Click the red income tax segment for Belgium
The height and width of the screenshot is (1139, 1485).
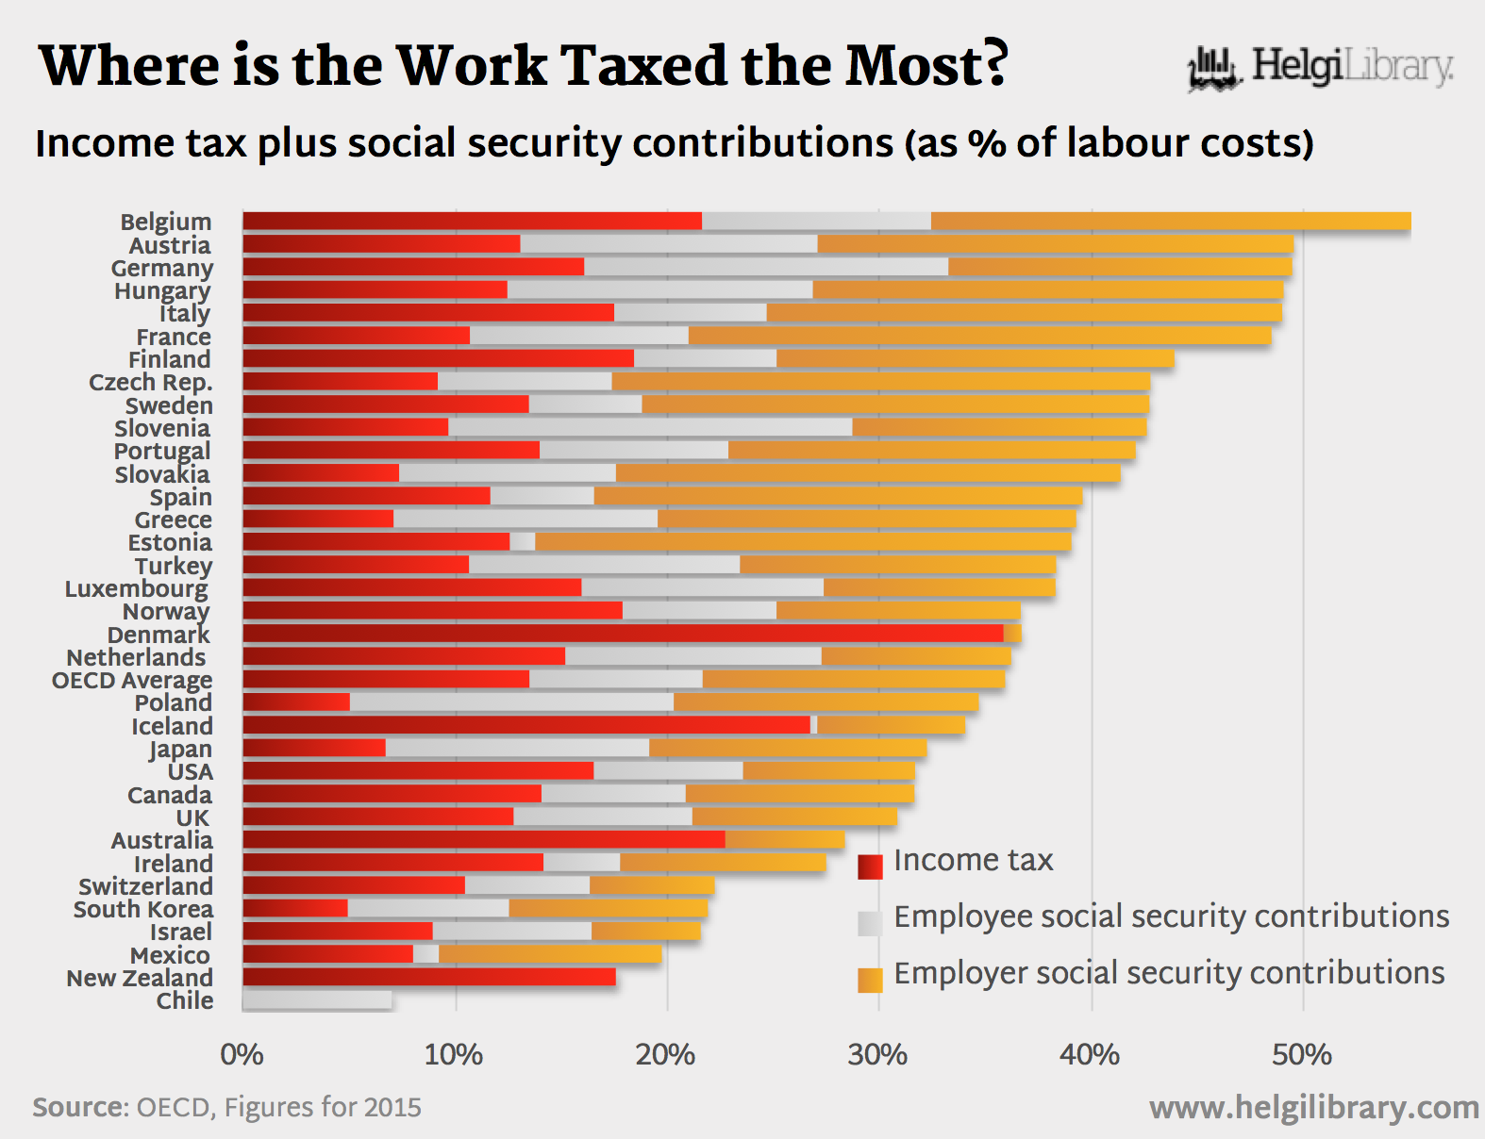point(472,222)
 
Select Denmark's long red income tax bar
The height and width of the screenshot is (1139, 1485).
point(623,634)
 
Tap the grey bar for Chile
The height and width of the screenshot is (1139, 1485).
point(317,1000)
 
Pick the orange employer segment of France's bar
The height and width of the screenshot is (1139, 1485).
point(979,336)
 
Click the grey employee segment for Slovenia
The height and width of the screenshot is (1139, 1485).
point(650,427)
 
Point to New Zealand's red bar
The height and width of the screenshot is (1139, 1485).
point(429,977)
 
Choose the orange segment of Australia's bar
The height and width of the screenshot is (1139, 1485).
point(785,839)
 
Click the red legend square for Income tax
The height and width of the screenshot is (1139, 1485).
point(870,866)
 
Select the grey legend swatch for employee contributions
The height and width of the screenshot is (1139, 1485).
point(870,922)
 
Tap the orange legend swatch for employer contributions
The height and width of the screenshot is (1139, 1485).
point(870,980)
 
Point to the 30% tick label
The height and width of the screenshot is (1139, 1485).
point(877,1054)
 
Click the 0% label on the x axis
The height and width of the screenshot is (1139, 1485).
point(242,1054)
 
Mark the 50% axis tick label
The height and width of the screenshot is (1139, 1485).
point(1302,1054)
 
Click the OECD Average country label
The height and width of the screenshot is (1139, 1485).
point(132,680)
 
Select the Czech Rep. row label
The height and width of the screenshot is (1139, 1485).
point(151,382)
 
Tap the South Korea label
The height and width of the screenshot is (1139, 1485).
point(143,909)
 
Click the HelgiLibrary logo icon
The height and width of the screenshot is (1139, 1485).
point(1213,68)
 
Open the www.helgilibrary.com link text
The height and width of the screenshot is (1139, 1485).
point(1313,1108)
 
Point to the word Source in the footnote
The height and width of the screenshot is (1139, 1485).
point(80,1107)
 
